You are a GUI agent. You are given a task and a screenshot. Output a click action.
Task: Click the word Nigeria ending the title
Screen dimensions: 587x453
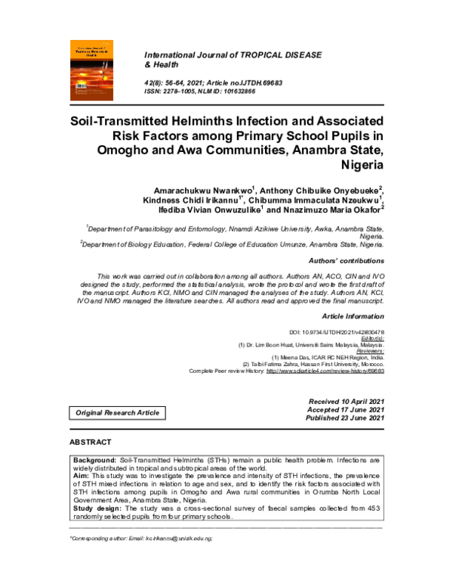[x=362, y=164]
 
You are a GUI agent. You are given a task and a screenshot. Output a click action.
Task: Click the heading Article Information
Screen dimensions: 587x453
[x=353, y=315]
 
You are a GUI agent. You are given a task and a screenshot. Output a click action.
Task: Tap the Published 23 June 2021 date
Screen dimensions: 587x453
[x=346, y=418]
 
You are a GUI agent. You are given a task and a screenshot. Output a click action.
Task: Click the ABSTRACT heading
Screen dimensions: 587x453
[x=90, y=442]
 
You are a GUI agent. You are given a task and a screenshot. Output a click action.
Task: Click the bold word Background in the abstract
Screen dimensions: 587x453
[x=94, y=460]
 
